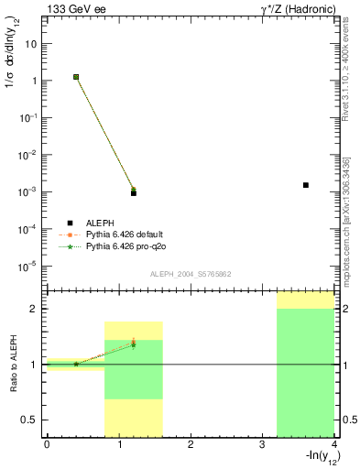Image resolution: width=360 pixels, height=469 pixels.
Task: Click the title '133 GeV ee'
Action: coord(75,10)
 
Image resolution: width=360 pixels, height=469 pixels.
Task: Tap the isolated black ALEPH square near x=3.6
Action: coord(305,185)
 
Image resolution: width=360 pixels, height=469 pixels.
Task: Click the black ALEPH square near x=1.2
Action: coord(133,193)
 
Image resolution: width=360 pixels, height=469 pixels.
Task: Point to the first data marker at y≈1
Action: coord(76,77)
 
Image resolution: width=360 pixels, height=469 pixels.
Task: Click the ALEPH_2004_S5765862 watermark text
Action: coord(191,274)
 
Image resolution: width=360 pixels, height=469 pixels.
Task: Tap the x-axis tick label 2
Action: coord(190,445)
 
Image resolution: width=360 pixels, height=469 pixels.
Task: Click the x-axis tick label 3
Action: coord(262,445)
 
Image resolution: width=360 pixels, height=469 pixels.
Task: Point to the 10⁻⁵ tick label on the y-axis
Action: coord(29,267)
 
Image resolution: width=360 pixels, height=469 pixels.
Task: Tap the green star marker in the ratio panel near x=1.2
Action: coord(133,344)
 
